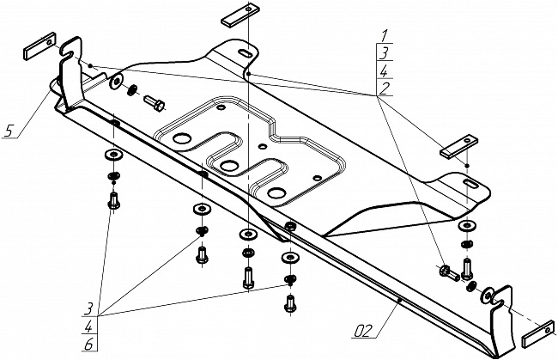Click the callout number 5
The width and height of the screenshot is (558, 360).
tap(9, 131)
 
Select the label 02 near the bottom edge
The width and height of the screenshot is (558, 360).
tap(363, 327)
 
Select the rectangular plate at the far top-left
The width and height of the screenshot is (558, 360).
tap(38, 47)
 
